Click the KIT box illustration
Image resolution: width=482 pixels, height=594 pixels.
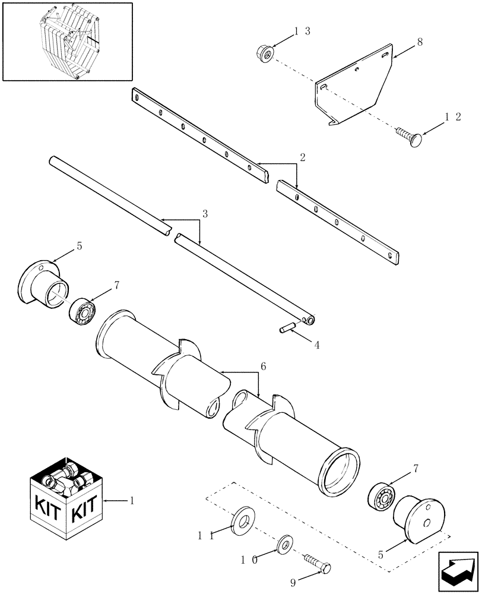[66, 501]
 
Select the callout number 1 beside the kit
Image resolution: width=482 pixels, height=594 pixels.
[131, 501]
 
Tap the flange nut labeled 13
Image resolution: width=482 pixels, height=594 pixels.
[265, 54]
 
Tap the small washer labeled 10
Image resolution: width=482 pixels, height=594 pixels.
[285, 544]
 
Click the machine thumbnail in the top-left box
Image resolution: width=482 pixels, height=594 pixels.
[67, 41]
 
